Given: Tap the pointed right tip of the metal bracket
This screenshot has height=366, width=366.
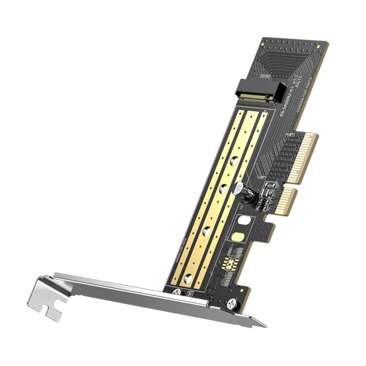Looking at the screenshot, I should [266, 326].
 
